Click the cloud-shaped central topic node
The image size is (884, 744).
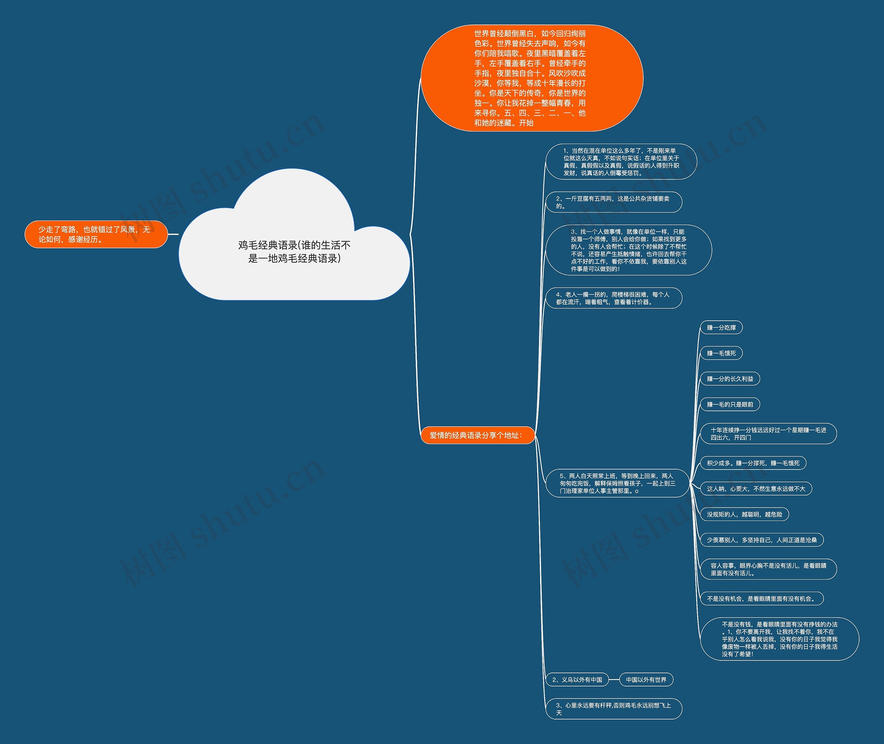pos(294,251)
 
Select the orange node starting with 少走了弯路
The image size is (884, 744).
pos(96,234)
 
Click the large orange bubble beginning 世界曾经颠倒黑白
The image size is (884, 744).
pos(531,78)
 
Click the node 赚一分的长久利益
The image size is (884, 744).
pos(730,379)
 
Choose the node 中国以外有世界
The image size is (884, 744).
pos(646,679)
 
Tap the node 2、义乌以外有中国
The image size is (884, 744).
pos(577,679)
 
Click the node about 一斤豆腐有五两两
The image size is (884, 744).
pos(613,202)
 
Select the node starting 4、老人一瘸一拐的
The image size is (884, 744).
pos(613,298)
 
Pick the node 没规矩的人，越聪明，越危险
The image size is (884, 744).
pos(744,514)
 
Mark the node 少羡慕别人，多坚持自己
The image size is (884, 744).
pos(761,540)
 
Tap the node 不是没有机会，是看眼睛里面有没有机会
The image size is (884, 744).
pos(761,599)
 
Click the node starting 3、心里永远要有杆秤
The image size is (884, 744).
pos(613,708)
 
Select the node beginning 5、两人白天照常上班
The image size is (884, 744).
pos(617,483)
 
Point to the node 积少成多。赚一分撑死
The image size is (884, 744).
pos(753,463)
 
